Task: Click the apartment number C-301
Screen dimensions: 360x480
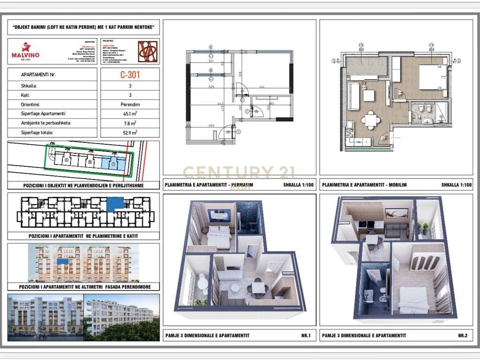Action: click(x=130, y=74)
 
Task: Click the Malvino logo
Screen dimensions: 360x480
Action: click(x=25, y=51)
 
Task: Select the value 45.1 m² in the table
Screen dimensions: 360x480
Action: click(x=130, y=113)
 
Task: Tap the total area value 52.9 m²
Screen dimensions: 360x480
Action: click(x=130, y=133)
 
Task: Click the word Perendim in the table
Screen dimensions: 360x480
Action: click(x=130, y=104)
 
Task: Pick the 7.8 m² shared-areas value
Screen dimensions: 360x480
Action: click(x=130, y=123)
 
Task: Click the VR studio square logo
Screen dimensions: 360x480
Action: click(x=148, y=52)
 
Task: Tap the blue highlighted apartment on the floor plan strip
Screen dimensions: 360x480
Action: click(x=114, y=204)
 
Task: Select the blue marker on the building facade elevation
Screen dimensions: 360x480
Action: click(x=61, y=260)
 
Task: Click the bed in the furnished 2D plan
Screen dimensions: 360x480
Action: click(x=433, y=77)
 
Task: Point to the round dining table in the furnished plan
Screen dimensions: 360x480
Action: click(x=371, y=119)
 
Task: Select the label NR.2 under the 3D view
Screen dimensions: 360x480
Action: click(x=463, y=335)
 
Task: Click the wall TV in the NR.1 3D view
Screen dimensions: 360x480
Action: click(x=219, y=215)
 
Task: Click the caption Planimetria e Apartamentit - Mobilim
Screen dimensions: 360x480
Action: click(x=364, y=185)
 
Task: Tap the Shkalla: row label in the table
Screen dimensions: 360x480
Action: click(x=30, y=86)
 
